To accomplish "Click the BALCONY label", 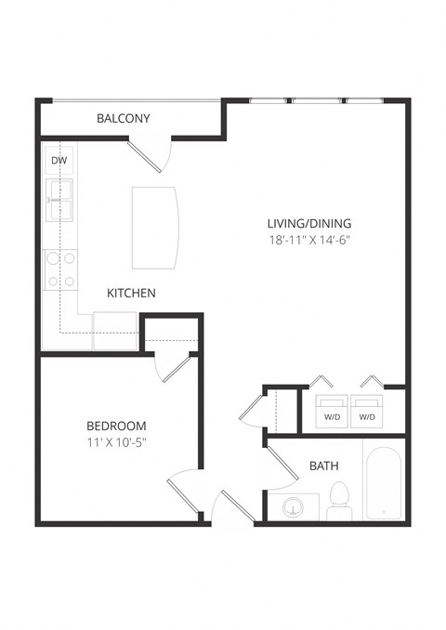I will (124, 119).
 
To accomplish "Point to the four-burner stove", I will (60, 269).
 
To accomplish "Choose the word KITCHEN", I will (131, 293).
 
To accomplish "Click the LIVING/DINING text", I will (309, 223).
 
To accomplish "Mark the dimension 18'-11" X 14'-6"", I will (309, 240).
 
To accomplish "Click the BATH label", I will (324, 466).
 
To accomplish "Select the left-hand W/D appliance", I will (331, 411).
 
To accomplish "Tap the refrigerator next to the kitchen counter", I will (114, 331).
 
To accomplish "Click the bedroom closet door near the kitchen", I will (175, 366).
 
